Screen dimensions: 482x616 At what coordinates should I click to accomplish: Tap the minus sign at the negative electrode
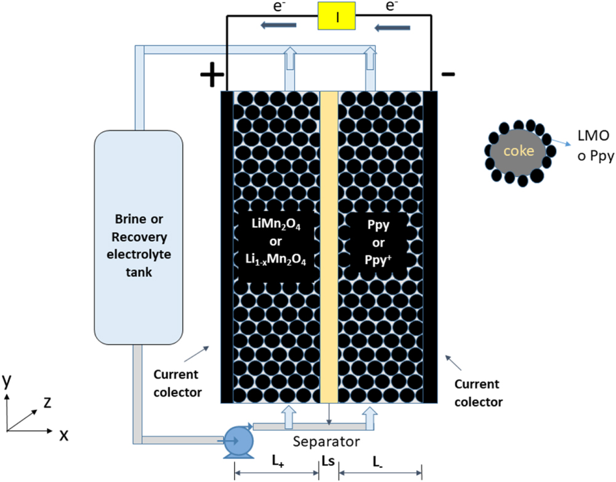point(449,74)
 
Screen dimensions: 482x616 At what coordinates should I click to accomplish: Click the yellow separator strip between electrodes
point(329,246)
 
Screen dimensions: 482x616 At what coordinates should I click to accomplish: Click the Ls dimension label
point(329,462)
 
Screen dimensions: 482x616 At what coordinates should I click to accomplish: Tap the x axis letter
point(63,435)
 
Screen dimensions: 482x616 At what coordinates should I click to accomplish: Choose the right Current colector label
point(478,393)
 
